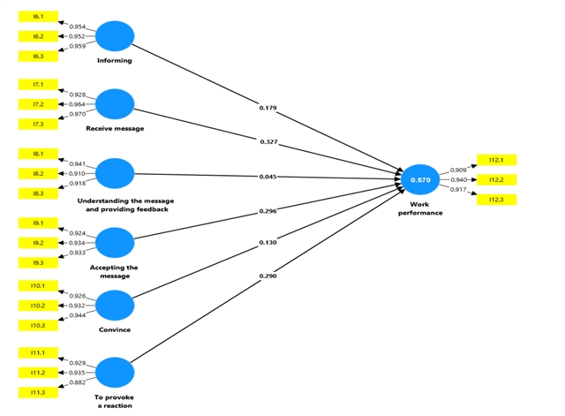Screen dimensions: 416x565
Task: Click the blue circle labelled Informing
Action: [115, 37]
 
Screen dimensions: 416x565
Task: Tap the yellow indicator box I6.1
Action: [38, 17]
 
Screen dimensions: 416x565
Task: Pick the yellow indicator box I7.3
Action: [38, 125]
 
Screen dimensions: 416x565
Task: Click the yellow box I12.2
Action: [495, 180]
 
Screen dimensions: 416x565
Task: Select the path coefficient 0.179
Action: [268, 108]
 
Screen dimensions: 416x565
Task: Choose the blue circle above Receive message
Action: [115, 104]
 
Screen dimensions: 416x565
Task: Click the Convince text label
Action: [115, 329]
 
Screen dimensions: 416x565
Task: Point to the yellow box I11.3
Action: [38, 392]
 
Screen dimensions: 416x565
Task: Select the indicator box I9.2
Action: [38, 243]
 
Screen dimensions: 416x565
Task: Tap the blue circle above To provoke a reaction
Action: [115, 373]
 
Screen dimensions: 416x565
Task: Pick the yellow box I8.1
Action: [38, 154]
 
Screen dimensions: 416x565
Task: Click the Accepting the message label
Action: [115, 271]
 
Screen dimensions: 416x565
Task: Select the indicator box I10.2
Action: [38, 306]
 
